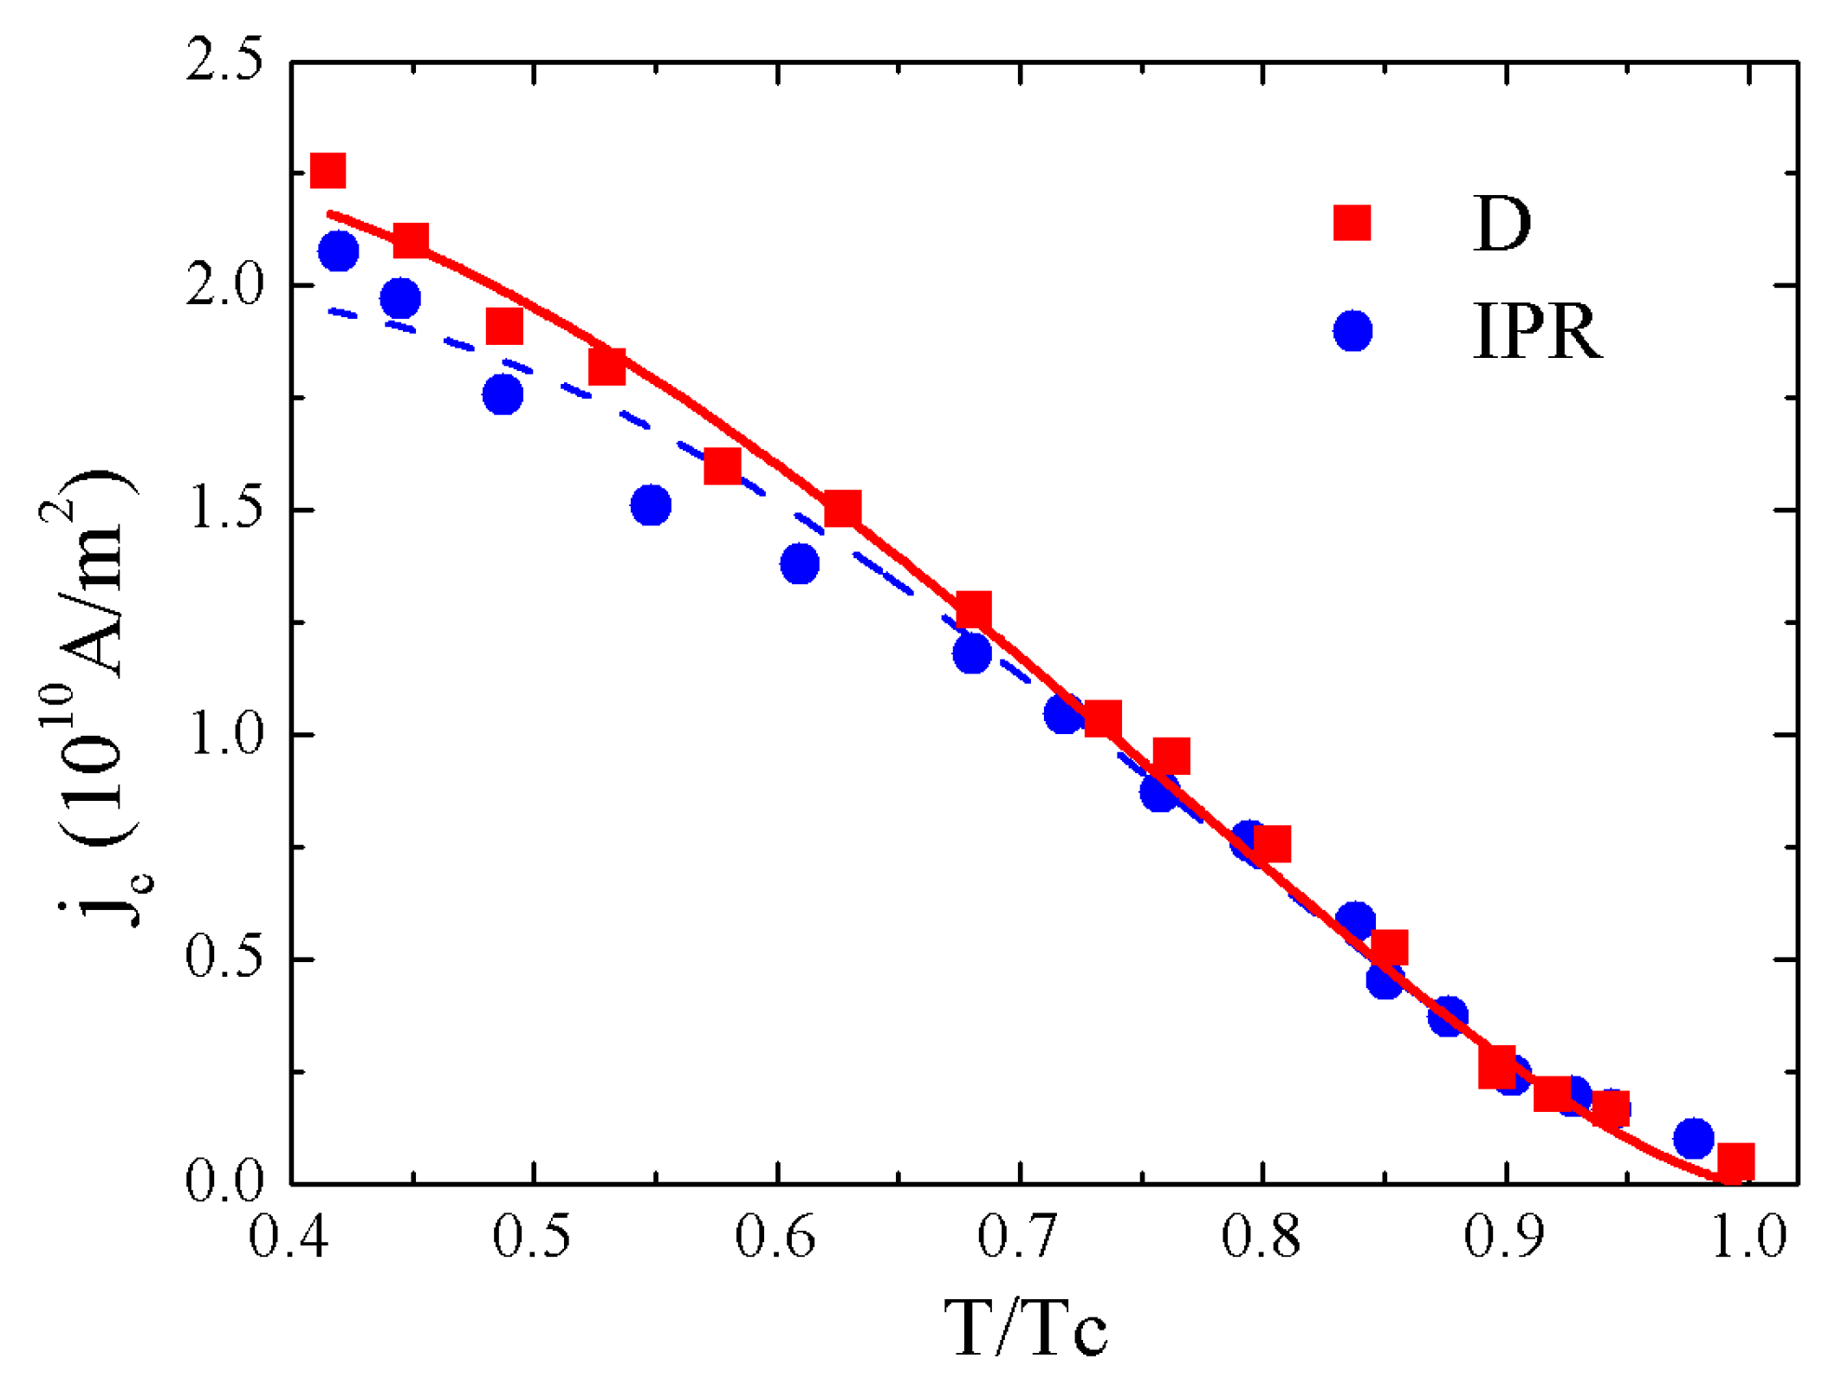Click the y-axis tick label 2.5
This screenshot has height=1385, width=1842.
(x=224, y=62)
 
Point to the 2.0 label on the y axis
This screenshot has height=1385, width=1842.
(x=224, y=286)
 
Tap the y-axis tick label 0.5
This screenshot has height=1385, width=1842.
(x=224, y=959)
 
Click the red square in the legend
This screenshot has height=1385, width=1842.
(x=1352, y=222)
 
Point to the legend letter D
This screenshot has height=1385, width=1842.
(x=1502, y=224)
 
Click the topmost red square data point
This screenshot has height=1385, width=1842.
(x=328, y=170)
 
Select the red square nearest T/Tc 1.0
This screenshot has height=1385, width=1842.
(x=1735, y=1161)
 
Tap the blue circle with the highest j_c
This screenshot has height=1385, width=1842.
(x=338, y=251)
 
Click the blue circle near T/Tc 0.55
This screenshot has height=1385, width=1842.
(x=651, y=505)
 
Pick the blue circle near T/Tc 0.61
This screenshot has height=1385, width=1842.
(x=799, y=564)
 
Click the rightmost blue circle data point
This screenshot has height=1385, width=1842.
(x=1693, y=1138)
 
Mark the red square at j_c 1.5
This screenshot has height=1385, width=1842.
(x=842, y=508)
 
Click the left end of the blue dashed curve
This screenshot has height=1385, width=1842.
(x=331, y=310)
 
